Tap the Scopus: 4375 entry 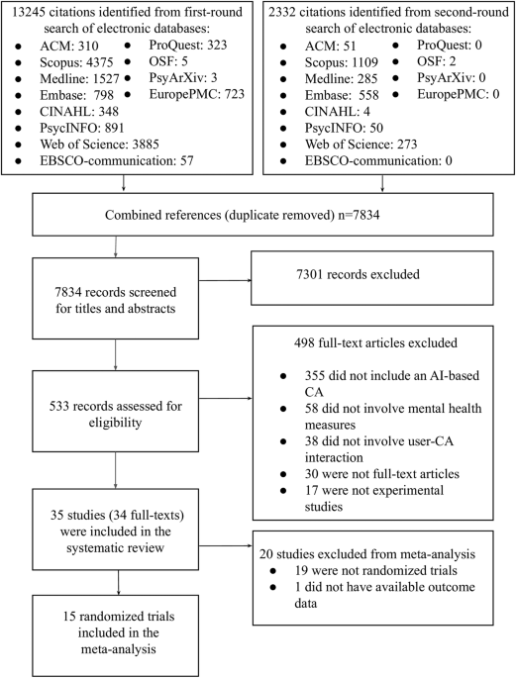click(x=76, y=62)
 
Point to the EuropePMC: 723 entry click(x=197, y=94)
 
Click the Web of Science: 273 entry click(x=361, y=144)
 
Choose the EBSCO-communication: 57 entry click(x=117, y=160)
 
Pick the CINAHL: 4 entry click(x=338, y=112)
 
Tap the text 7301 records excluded click(x=358, y=274)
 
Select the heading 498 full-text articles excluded click(x=375, y=342)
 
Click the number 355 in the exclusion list click(x=314, y=375)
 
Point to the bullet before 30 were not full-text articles click(x=283, y=474)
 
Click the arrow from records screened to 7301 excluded click(x=225, y=281)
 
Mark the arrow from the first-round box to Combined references click(x=123, y=183)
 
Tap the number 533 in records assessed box click(x=59, y=406)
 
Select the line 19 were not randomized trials click(x=376, y=570)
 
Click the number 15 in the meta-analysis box click(x=69, y=617)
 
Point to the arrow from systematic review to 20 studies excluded click(x=225, y=546)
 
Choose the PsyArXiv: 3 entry click(x=183, y=78)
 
